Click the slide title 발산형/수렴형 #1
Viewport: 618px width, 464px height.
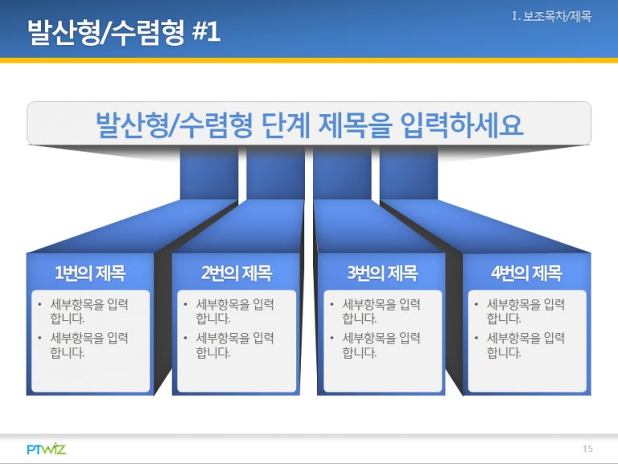tap(124, 31)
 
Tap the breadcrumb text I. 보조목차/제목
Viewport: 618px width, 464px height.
tap(552, 17)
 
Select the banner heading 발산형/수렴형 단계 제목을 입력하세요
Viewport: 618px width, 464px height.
tap(309, 125)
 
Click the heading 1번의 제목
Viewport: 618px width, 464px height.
tap(90, 273)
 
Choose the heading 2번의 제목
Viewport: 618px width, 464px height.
tap(237, 273)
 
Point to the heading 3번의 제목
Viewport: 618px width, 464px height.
tap(382, 273)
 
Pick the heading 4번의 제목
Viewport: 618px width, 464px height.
tap(526, 273)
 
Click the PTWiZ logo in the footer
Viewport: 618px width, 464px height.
tap(47, 449)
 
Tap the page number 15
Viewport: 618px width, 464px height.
tap(587, 449)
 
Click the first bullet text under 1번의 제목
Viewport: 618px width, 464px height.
tap(89, 310)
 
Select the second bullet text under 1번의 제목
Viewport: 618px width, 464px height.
tap(89, 345)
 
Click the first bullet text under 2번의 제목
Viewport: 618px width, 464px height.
tap(235, 310)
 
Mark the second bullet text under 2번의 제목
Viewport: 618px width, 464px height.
tap(235, 345)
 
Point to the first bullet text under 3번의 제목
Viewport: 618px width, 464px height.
tap(381, 310)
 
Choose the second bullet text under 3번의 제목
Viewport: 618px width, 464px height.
tap(381, 345)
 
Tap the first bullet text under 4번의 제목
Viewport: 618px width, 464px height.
tap(525, 310)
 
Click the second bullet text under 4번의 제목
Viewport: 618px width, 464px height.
tap(525, 345)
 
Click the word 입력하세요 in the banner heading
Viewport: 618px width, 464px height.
tap(462, 125)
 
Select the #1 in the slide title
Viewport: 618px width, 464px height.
tap(206, 31)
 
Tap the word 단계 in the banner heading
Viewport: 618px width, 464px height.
tap(286, 125)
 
